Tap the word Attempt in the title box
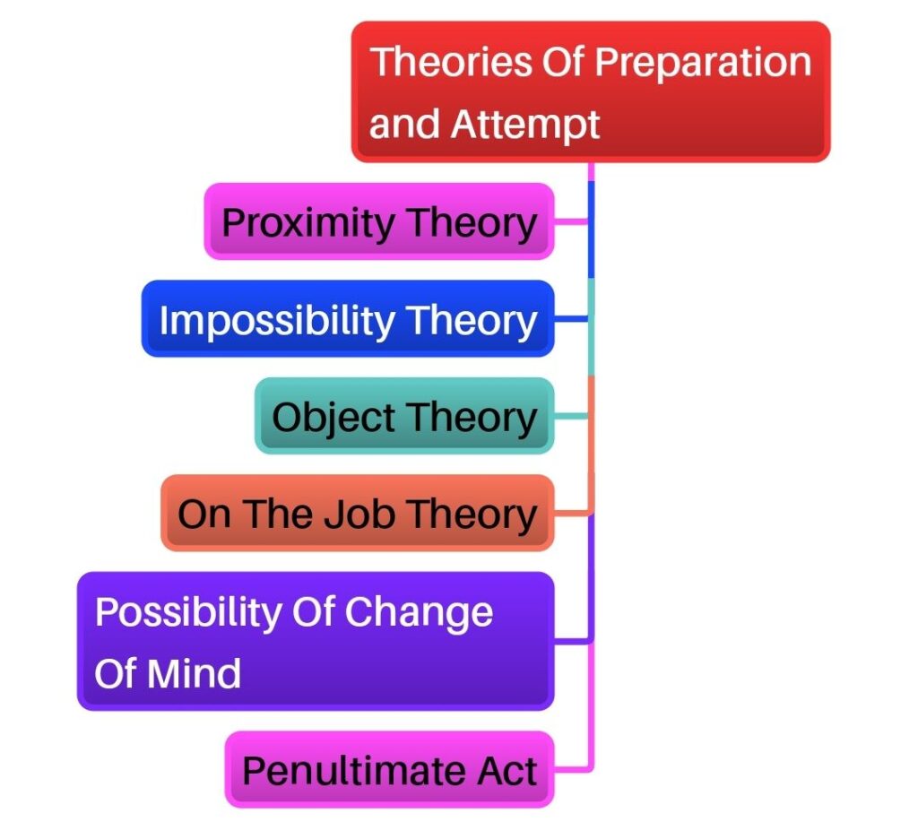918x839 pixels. pyautogui.click(x=525, y=125)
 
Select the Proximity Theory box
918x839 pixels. pyautogui.click(x=379, y=221)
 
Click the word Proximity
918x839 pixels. pyautogui.click(x=308, y=224)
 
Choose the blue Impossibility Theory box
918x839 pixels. pyautogui.click(x=349, y=318)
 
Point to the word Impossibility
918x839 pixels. pyautogui.click(x=277, y=321)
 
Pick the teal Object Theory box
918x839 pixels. pyautogui.click(x=404, y=416)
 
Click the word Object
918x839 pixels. pyautogui.click(x=333, y=418)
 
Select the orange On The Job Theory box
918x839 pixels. pyautogui.click(x=358, y=513)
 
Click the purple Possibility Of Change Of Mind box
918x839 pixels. pyautogui.click(x=316, y=641)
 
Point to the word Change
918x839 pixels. pyautogui.click(x=419, y=613)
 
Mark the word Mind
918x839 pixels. pyautogui.click(x=194, y=673)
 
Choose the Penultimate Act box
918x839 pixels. pyautogui.click(x=390, y=769)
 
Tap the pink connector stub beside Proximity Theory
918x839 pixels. pyautogui.click(x=572, y=221)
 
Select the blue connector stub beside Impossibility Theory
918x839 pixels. pyautogui.click(x=572, y=318)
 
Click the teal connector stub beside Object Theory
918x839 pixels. pyautogui.click(x=572, y=416)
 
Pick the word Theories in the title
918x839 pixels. pyautogui.click(x=451, y=62)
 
